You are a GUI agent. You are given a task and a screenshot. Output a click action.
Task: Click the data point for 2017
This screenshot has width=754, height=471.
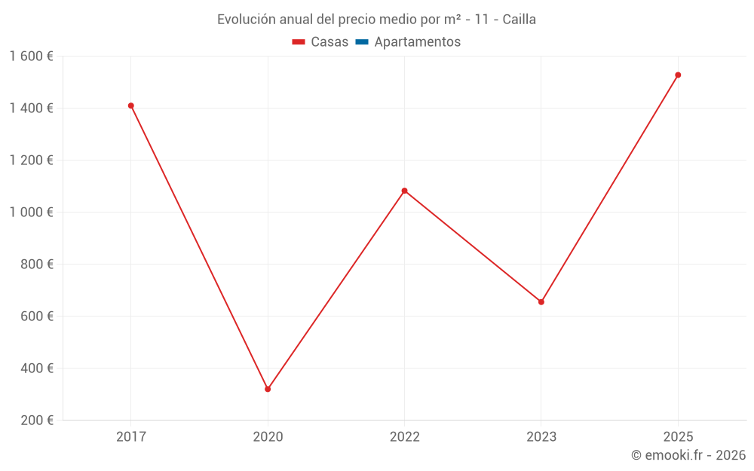131,106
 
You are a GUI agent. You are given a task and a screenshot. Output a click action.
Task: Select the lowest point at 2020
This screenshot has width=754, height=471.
268,389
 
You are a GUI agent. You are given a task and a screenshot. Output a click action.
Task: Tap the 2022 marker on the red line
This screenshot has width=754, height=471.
405,191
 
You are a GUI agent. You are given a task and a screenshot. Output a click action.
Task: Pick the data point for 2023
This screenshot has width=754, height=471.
541,302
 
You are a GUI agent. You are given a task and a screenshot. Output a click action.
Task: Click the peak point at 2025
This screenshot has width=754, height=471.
678,75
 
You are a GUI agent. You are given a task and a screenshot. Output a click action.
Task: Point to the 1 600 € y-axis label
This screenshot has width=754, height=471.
31,56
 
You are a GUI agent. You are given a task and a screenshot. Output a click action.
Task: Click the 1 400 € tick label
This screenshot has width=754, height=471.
31,108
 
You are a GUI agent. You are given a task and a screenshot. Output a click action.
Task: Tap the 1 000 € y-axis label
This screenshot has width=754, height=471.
31,212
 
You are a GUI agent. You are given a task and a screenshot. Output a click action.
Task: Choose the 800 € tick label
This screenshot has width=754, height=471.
37,265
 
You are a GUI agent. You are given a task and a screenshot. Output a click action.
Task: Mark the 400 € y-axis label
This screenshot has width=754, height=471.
37,369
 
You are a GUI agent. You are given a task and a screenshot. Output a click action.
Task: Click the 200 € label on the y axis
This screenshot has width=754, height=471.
37,421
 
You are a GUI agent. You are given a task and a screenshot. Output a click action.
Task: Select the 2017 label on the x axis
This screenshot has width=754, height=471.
131,436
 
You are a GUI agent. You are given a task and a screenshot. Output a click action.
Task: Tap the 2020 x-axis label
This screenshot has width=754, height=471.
268,436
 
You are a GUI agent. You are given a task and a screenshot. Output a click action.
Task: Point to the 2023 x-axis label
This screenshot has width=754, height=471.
541,436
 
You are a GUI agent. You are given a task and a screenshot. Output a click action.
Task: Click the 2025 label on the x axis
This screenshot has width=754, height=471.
678,436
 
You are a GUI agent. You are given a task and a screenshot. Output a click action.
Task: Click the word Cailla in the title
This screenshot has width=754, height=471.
519,20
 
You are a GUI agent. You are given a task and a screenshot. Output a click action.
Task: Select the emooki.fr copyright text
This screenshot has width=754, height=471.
688,455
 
